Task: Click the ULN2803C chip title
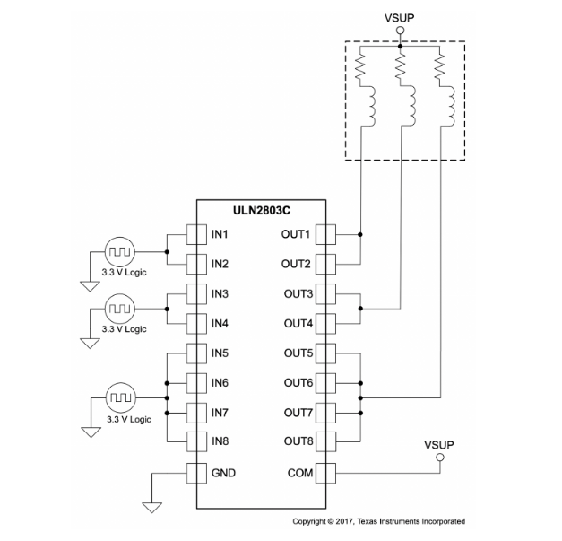(x=261, y=212)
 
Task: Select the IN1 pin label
(x=220, y=235)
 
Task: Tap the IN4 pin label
(x=220, y=323)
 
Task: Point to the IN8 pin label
(x=220, y=441)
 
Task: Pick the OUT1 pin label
(x=295, y=235)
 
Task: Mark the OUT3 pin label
(x=295, y=294)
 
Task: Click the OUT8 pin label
(x=295, y=441)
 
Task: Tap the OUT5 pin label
(x=295, y=353)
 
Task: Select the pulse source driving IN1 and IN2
(x=119, y=249)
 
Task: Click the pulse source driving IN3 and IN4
(x=119, y=309)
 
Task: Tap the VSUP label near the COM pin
(x=439, y=445)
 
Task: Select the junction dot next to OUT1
(x=359, y=235)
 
